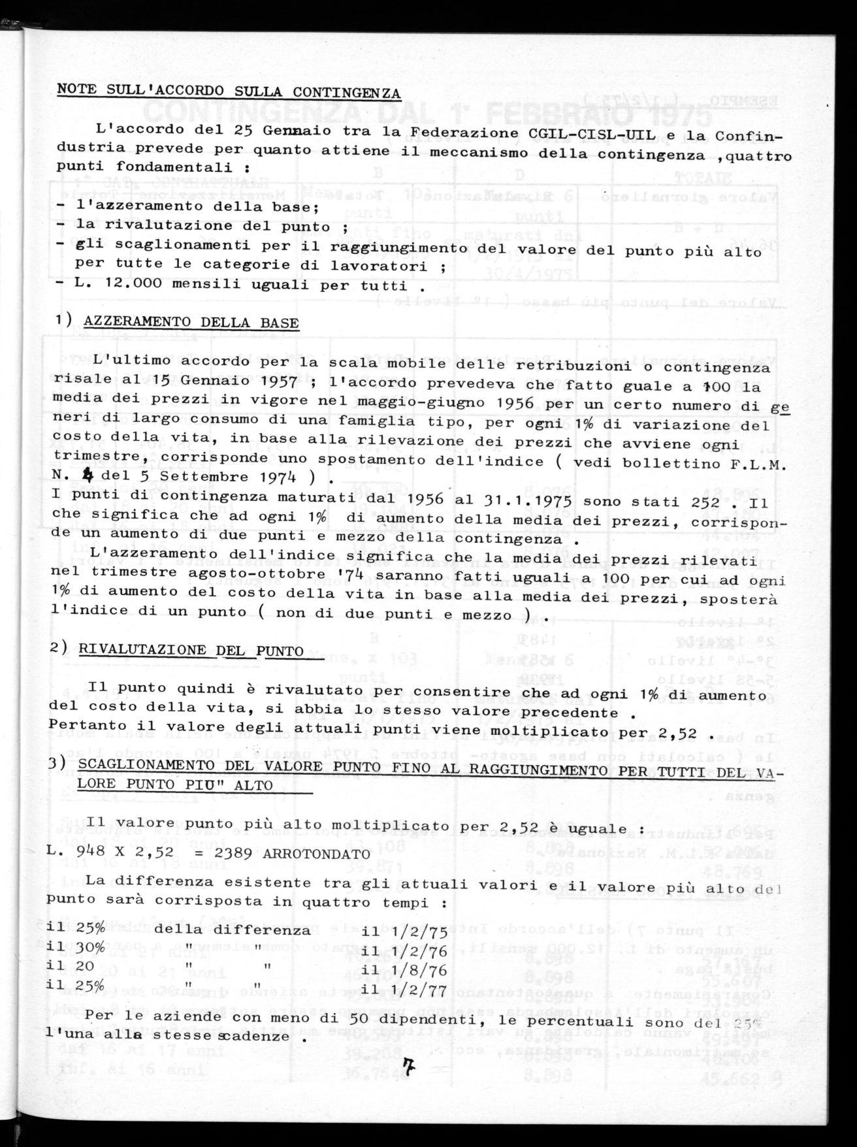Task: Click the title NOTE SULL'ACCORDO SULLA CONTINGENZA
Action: tap(229, 91)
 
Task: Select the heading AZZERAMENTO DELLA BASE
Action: tap(192, 323)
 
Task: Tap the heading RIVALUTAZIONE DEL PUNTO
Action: tap(191, 651)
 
